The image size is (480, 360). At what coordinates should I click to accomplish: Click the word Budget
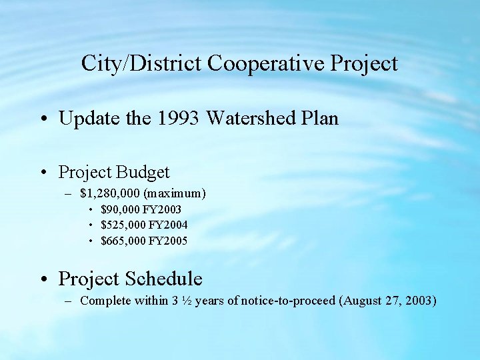[143, 172]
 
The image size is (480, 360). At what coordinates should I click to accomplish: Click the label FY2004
[168, 225]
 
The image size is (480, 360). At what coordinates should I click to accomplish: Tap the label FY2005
[168, 241]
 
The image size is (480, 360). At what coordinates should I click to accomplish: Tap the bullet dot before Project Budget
[43, 173]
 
